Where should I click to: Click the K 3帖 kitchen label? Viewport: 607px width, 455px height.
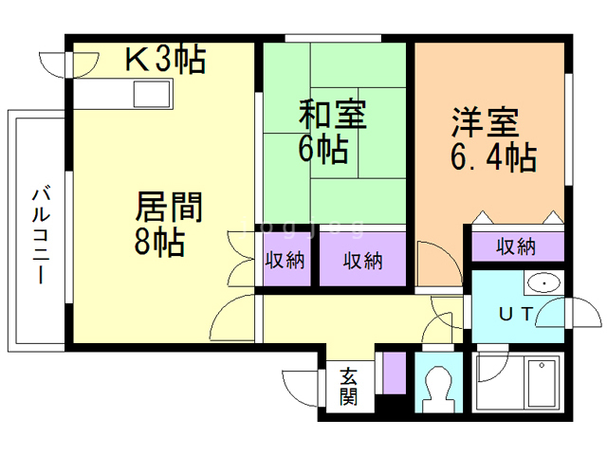pos(166,61)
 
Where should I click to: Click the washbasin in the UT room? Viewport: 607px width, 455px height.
pos(543,282)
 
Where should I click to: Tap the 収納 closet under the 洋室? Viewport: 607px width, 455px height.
pos(516,246)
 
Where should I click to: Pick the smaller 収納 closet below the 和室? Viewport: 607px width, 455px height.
pos(285,259)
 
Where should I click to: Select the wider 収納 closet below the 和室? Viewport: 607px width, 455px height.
pos(362,259)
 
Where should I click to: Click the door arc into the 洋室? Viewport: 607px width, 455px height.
pos(432,261)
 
